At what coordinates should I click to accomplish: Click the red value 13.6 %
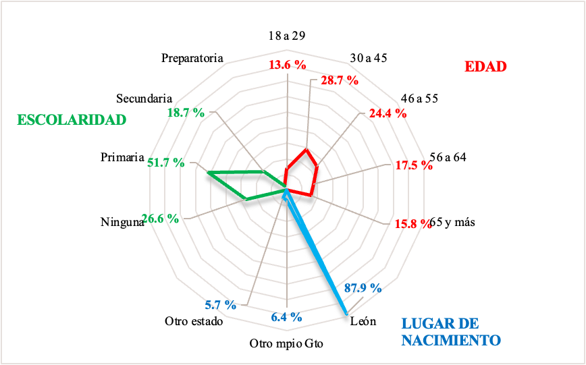[288, 65]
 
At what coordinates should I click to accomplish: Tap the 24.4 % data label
[388, 113]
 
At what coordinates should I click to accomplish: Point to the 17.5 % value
[413, 165]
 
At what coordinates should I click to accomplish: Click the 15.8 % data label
[412, 223]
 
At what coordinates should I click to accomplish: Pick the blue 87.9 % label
[362, 288]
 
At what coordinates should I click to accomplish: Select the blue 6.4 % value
[286, 316]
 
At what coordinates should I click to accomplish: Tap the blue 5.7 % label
[221, 304]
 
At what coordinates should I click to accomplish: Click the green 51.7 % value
[166, 163]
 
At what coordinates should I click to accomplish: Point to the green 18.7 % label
[184, 113]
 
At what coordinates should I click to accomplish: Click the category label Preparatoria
[192, 58]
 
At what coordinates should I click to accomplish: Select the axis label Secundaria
[144, 99]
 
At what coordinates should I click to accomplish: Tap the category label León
[363, 321]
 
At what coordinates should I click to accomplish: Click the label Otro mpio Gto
[286, 344]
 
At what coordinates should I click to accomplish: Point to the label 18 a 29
[287, 36]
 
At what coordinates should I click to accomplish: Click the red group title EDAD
[485, 67]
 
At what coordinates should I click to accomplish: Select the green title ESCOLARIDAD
[72, 120]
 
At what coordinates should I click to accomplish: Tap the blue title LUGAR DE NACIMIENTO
[450, 331]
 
